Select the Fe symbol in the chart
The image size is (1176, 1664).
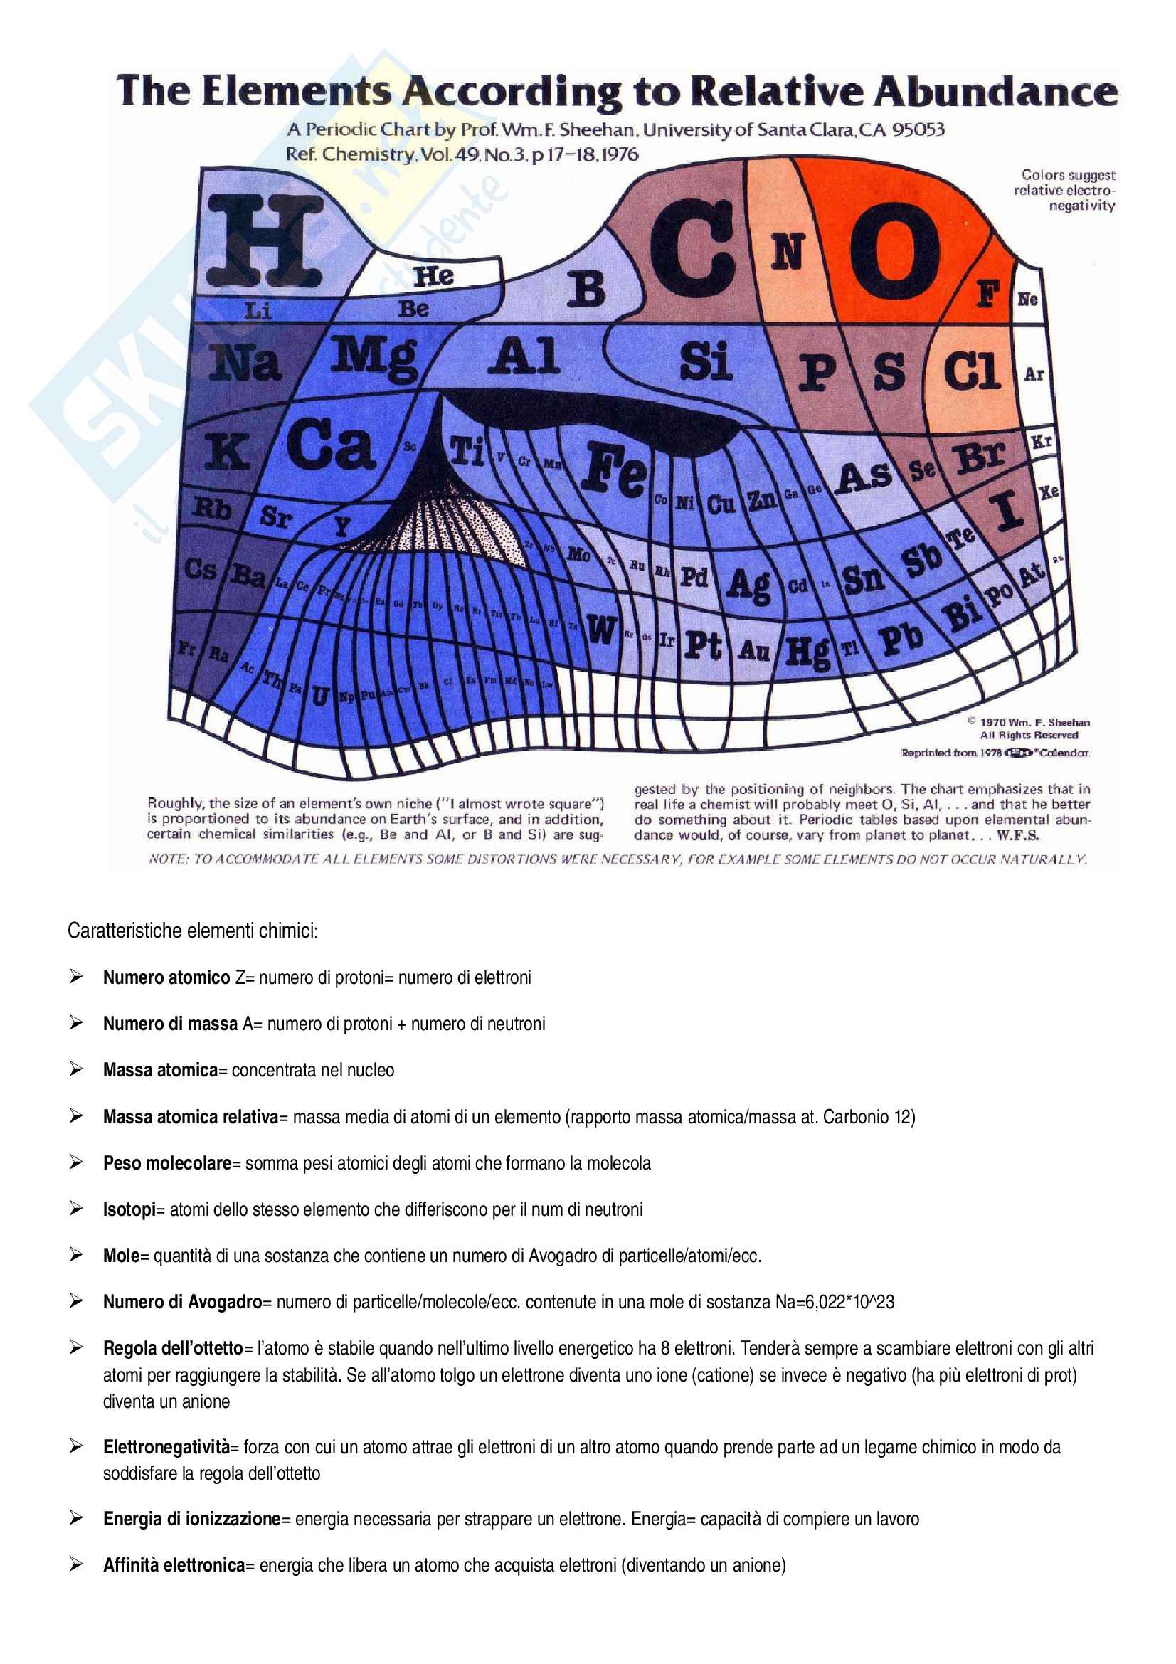click(615, 470)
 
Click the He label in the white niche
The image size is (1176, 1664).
click(433, 276)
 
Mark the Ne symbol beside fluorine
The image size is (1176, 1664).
click(1027, 300)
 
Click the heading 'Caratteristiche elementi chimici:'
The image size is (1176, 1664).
click(192, 931)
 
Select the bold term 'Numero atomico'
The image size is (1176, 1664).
click(166, 977)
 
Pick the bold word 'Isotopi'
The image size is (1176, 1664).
click(129, 1209)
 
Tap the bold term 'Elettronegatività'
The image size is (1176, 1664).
click(166, 1447)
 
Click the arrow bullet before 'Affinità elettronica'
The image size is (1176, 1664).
click(76, 1564)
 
